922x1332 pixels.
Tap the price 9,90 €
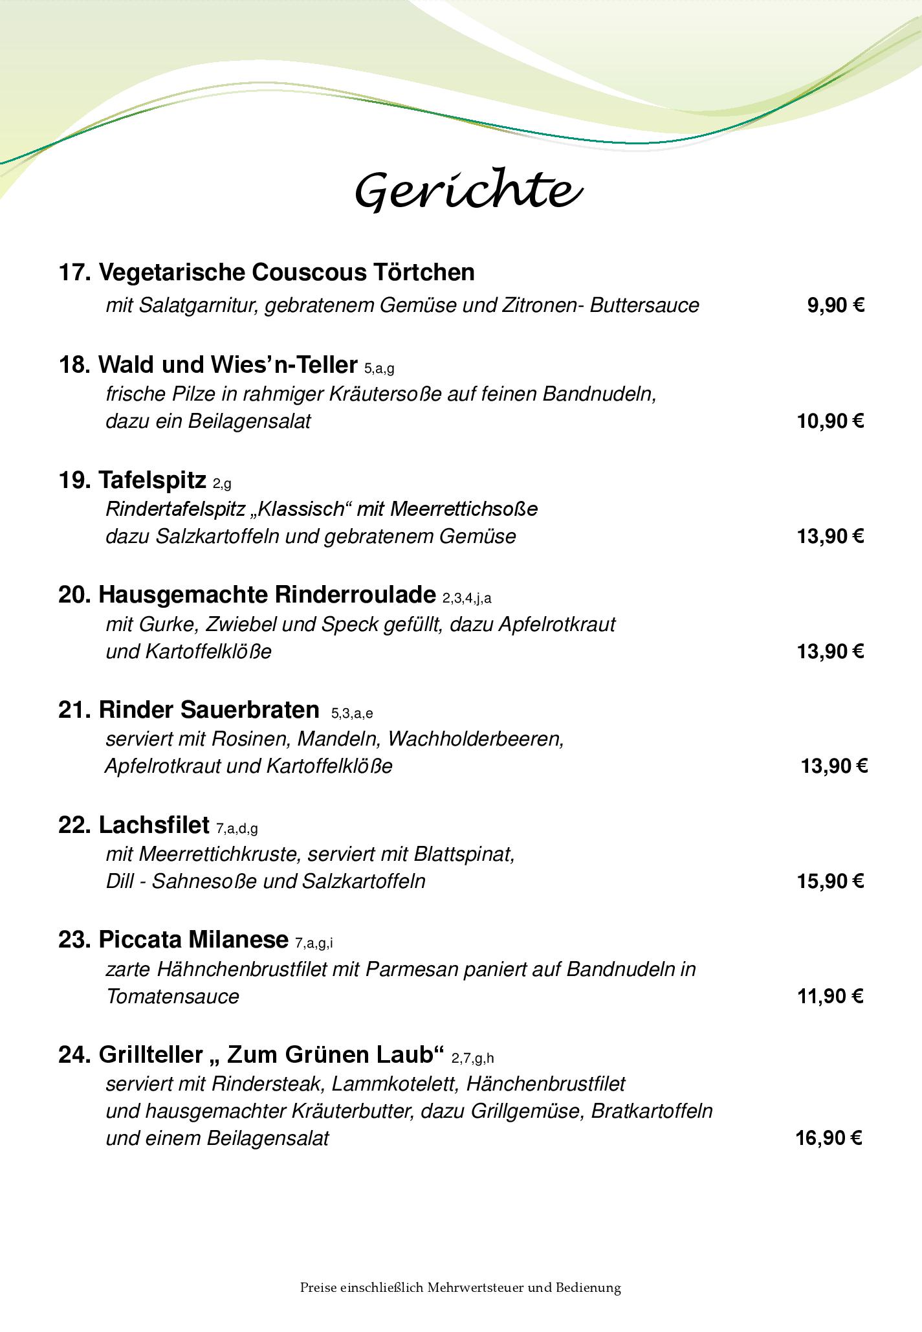(x=835, y=305)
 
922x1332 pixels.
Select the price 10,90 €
(x=830, y=421)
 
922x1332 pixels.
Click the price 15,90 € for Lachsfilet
(x=830, y=881)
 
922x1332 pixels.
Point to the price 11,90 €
(x=830, y=995)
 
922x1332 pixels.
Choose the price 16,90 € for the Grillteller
(x=829, y=1137)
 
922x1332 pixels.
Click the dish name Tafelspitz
(x=153, y=480)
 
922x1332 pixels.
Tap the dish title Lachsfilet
(x=155, y=825)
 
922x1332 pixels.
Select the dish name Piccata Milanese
(x=193, y=939)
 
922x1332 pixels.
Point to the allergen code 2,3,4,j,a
(x=467, y=598)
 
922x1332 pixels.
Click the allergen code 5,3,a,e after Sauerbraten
(x=352, y=713)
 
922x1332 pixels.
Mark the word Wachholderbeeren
(x=476, y=738)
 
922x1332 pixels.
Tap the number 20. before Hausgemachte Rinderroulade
(x=74, y=594)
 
